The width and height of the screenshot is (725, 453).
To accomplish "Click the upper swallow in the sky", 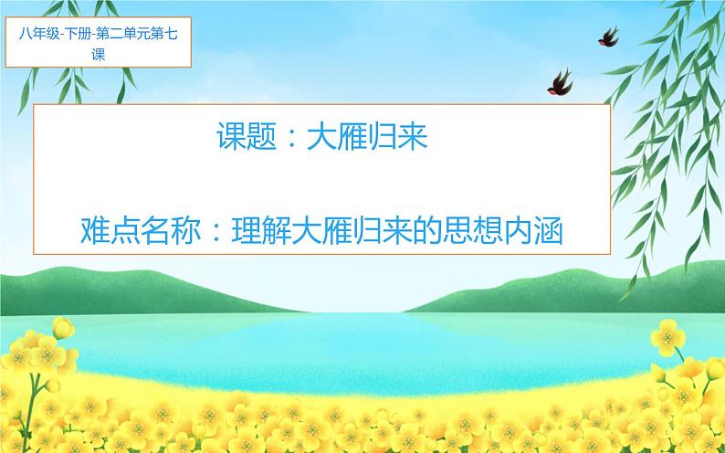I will [x=607, y=36].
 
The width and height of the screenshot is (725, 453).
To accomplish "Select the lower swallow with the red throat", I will [x=561, y=82].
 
